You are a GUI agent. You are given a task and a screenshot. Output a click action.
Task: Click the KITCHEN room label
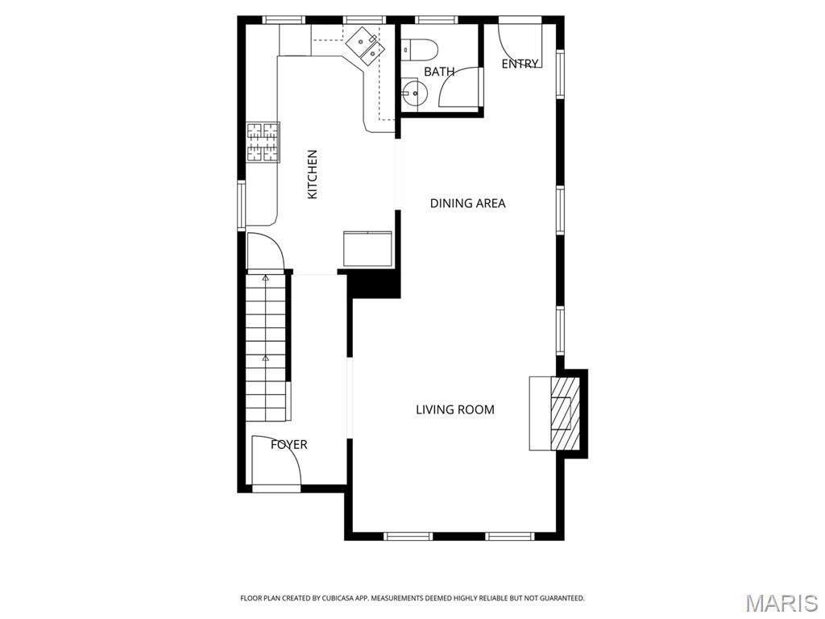[x=313, y=174]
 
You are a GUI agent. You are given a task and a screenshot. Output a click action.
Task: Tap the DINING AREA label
[x=467, y=203]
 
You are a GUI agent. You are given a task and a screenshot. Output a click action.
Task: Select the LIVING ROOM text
[x=454, y=409]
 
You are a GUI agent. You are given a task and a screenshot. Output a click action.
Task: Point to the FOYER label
[x=288, y=444]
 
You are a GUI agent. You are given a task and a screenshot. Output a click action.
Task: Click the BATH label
[x=439, y=72]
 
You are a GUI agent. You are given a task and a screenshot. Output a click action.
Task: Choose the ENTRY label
[x=520, y=64]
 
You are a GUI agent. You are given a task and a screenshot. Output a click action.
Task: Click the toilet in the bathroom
[x=419, y=50]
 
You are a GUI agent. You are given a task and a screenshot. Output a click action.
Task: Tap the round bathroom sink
[x=414, y=93]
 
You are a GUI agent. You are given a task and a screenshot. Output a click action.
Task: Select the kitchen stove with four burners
[x=263, y=142]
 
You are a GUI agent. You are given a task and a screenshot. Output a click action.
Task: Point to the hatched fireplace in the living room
[x=561, y=413]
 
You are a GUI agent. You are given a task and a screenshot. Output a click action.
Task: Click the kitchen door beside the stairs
[x=263, y=251]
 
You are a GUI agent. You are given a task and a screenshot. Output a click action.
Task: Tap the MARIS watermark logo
[x=781, y=603]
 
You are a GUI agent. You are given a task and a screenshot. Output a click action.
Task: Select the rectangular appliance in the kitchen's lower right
[x=367, y=248]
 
